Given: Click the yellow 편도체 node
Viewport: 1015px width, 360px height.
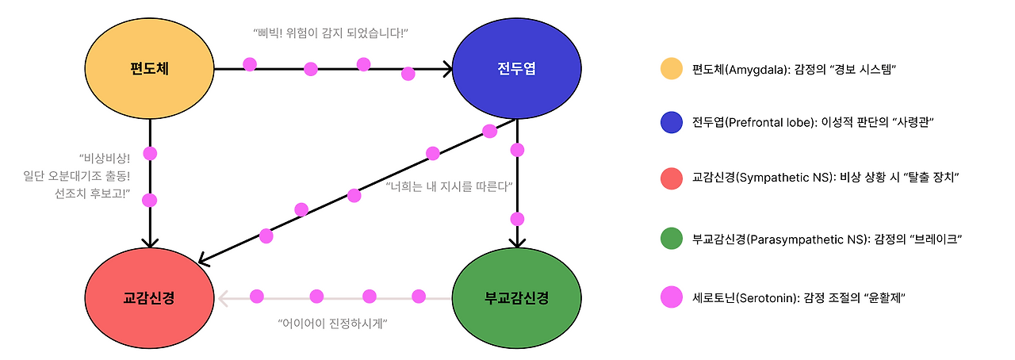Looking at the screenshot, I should (x=150, y=69).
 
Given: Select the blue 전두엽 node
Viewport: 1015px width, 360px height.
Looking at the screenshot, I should (x=516, y=69).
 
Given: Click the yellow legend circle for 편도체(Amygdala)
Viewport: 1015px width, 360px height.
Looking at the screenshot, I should (x=672, y=69).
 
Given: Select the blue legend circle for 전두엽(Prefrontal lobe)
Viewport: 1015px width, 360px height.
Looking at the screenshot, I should (x=672, y=123).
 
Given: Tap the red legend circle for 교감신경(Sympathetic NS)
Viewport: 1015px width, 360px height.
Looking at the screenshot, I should (x=672, y=178).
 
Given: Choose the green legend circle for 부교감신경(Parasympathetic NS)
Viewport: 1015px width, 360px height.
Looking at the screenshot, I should (x=672, y=239).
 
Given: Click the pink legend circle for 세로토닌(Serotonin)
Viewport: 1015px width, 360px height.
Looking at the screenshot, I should (x=672, y=297).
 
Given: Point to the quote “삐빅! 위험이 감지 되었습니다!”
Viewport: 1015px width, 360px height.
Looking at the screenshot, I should (x=330, y=33).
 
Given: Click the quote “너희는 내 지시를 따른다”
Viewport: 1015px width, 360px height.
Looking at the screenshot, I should (x=450, y=187).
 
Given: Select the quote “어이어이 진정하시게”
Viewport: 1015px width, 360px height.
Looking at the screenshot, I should (x=332, y=324).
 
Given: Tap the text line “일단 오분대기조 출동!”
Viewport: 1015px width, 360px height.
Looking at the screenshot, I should (x=77, y=175).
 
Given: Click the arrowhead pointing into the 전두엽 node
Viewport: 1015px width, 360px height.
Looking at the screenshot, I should (x=448, y=69).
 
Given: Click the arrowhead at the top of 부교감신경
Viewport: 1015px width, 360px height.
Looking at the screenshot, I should (x=517, y=242).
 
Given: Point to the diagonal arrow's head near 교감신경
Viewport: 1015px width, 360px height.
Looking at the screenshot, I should (x=203, y=259).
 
